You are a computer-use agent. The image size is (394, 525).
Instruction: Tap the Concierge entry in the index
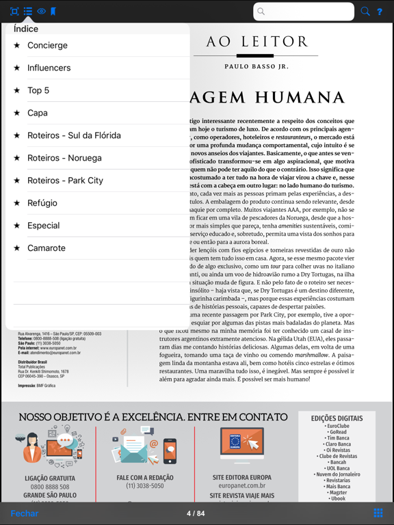coord(47,45)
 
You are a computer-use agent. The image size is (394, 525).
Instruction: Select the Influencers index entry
coord(49,68)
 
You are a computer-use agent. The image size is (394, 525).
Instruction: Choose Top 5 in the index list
coord(38,90)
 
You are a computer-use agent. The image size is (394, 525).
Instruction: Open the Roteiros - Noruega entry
coord(64,158)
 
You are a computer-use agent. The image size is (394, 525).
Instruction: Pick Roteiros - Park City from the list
coord(65,180)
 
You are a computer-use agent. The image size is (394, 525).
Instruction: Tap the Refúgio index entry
coord(42,203)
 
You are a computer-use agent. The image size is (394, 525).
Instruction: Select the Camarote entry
coord(47,248)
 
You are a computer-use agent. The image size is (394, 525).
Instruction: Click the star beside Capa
coord(17,113)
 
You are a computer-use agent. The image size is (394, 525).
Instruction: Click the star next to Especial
coord(17,226)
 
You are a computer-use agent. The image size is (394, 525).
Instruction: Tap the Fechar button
coord(24,513)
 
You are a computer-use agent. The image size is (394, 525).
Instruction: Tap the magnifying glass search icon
coord(365,12)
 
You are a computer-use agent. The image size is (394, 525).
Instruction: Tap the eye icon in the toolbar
coord(41,12)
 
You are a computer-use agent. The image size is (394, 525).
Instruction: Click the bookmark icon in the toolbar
coord(53,12)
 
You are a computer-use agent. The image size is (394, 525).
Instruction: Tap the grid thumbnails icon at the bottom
coord(378,513)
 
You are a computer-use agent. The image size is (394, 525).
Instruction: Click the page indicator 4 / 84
coord(196,513)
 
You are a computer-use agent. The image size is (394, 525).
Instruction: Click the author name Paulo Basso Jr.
coord(257,66)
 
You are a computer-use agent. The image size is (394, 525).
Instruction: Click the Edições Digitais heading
coord(337,418)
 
